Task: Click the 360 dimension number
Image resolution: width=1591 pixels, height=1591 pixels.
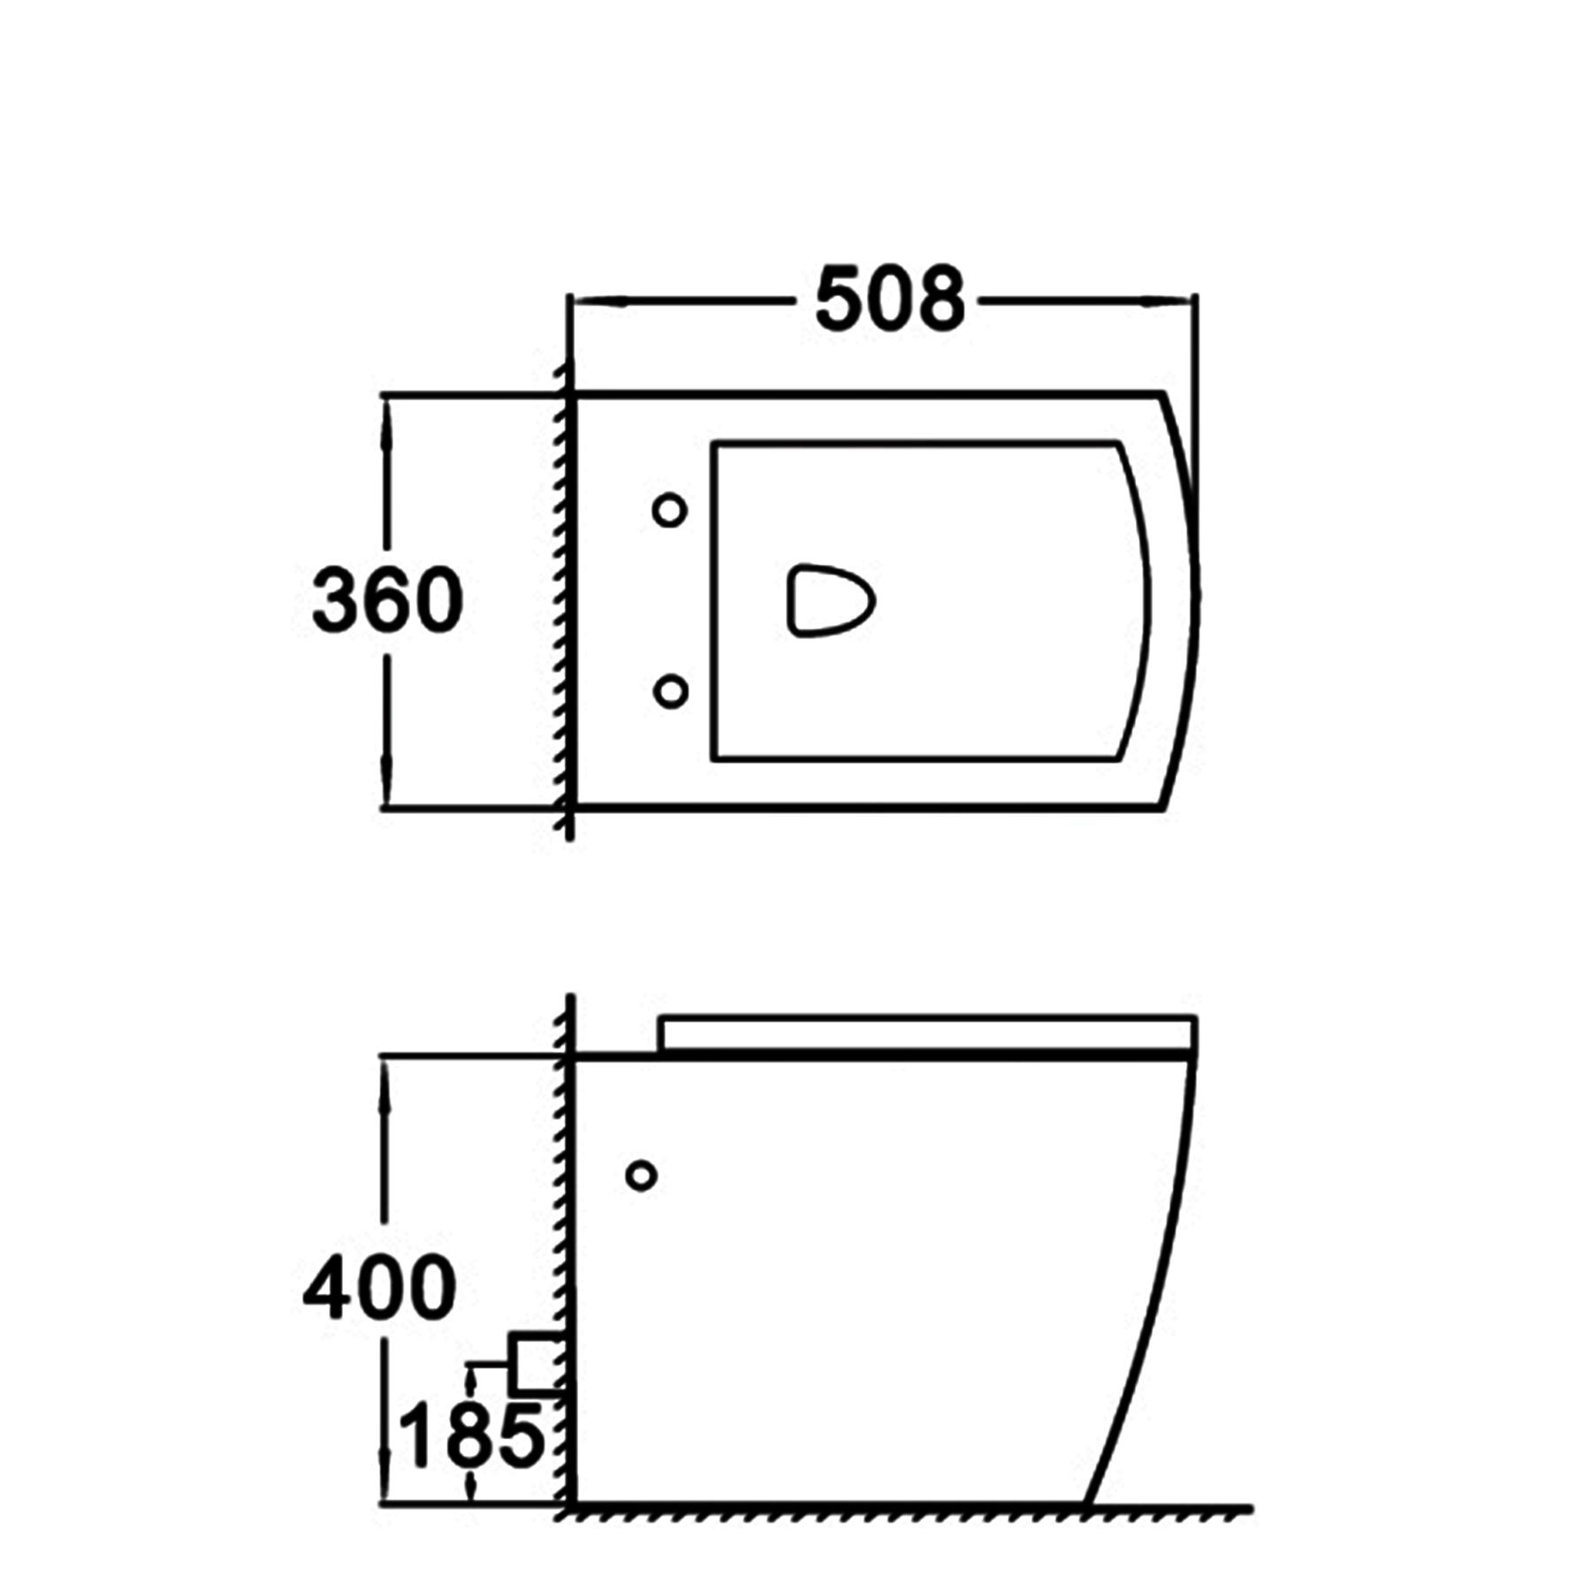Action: pyautogui.click(x=387, y=600)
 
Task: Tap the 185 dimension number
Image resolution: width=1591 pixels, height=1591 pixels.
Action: pyautogui.click(x=471, y=1435)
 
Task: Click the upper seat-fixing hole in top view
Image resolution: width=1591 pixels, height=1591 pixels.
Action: pyautogui.click(x=669, y=510)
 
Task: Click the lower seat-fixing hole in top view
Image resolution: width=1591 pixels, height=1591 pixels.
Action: pyautogui.click(x=671, y=690)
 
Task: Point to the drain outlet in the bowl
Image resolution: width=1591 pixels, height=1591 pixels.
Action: pyautogui.click(x=829, y=600)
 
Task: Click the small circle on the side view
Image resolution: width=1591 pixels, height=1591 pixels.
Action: pyautogui.click(x=641, y=1176)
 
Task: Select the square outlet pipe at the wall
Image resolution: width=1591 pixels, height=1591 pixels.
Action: pyautogui.click(x=536, y=1363)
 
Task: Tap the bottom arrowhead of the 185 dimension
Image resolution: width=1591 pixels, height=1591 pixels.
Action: pyautogui.click(x=472, y=1488)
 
